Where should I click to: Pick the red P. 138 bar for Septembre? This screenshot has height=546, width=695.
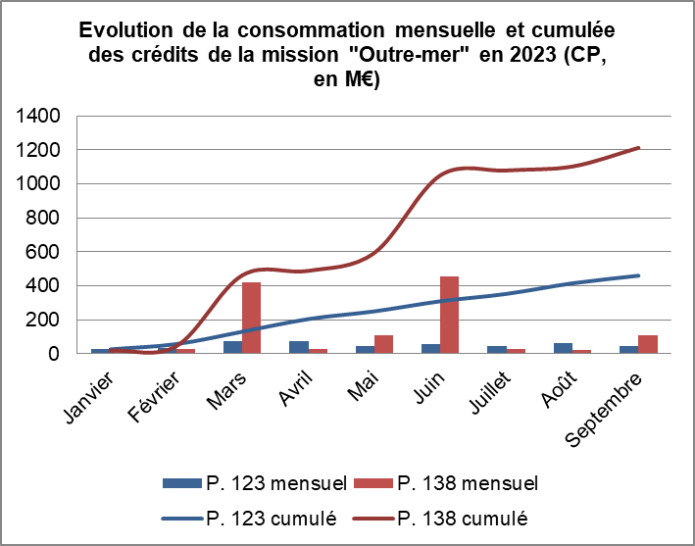tap(647, 344)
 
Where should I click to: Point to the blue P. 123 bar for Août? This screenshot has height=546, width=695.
tap(562, 348)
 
